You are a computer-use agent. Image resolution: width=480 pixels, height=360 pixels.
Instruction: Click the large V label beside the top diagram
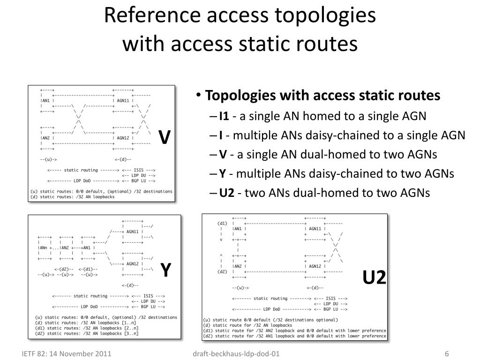pyautogui.click(x=164, y=137)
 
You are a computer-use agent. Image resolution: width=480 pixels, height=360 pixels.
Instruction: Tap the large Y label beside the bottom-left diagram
pyautogui.click(x=165, y=270)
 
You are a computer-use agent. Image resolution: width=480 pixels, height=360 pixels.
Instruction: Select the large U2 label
pyautogui.click(x=374, y=278)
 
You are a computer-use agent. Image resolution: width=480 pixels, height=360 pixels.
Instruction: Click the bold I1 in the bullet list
pyautogui.click(x=224, y=116)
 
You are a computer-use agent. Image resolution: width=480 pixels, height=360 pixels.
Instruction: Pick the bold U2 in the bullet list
pyautogui.click(x=226, y=193)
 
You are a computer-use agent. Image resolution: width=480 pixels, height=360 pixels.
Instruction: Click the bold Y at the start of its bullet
pyautogui.click(x=223, y=174)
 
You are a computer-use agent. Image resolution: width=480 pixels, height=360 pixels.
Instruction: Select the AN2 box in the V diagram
pyautogui.click(x=46, y=138)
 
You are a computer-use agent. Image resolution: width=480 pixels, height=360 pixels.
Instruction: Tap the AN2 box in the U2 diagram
pyautogui.click(x=238, y=266)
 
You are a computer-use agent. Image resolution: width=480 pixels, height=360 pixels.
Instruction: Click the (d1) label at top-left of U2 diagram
pyautogui.click(x=222, y=223)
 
